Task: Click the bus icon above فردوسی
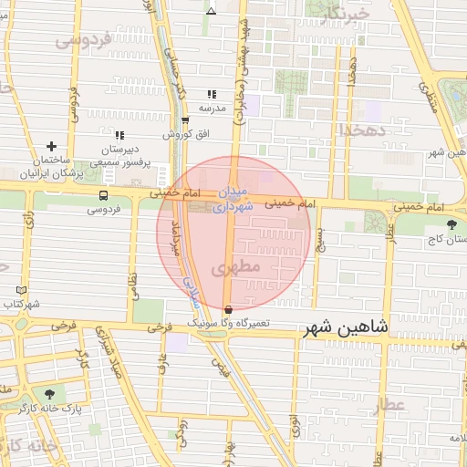[104, 195]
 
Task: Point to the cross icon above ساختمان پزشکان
[51, 146]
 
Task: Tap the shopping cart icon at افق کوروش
[185, 120]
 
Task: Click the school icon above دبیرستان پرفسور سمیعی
[119, 135]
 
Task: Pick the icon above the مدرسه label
[212, 94]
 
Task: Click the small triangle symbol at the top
[212, 12]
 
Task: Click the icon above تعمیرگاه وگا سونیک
[227, 311]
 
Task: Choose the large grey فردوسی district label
[82, 40]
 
